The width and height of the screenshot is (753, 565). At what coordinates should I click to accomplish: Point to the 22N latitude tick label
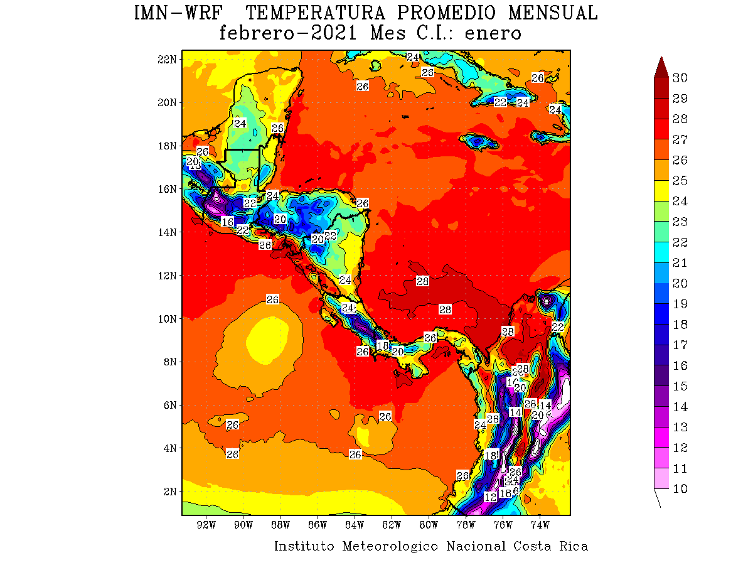pos(166,59)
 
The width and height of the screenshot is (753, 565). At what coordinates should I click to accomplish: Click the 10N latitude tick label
pos(166,318)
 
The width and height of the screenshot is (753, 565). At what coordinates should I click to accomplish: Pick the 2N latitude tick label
pos(169,491)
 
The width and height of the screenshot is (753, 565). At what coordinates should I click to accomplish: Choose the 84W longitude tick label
pos(355,525)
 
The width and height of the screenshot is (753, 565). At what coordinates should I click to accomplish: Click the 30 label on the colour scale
pos(680,78)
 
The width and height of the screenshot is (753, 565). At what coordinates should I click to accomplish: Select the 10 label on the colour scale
pos(680,489)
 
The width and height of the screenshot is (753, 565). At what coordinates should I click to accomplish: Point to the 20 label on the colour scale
pos(680,283)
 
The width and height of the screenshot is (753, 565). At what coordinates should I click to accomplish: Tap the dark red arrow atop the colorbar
pos(661,67)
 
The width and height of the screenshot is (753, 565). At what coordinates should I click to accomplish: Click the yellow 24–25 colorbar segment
pos(661,191)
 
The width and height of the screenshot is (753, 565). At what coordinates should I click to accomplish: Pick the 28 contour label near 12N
pos(423,281)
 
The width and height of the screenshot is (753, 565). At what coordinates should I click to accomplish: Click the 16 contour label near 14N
pos(228,222)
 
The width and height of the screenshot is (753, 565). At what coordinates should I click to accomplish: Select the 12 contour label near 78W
pos(491,497)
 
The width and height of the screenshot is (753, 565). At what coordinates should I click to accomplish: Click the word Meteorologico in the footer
pos(391,546)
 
